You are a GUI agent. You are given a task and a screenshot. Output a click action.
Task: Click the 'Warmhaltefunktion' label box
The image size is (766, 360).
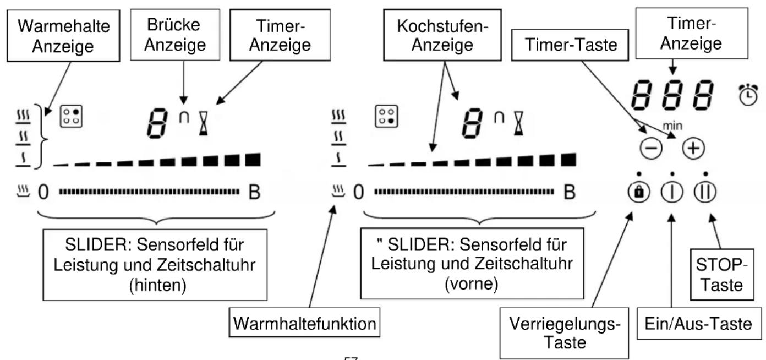(x=305, y=325)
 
